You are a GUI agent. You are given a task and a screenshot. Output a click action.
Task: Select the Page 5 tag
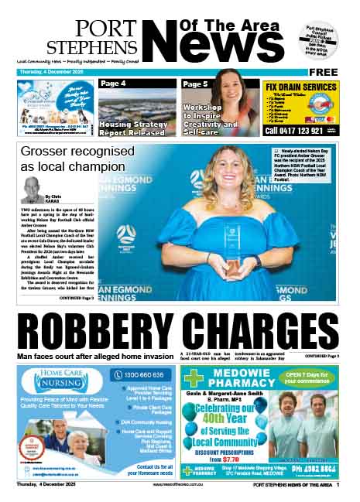click(195, 84)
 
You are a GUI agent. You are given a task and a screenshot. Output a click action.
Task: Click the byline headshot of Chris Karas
click(33, 189)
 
